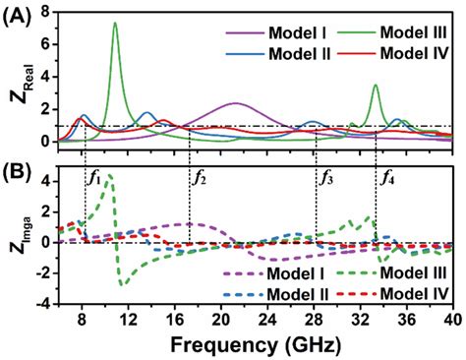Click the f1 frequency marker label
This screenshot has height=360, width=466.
pyautogui.click(x=95, y=178)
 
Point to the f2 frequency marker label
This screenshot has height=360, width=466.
pyautogui.click(x=200, y=178)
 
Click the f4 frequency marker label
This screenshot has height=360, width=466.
pyautogui.click(x=388, y=178)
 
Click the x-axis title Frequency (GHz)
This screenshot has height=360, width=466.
pyautogui.click(x=255, y=345)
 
